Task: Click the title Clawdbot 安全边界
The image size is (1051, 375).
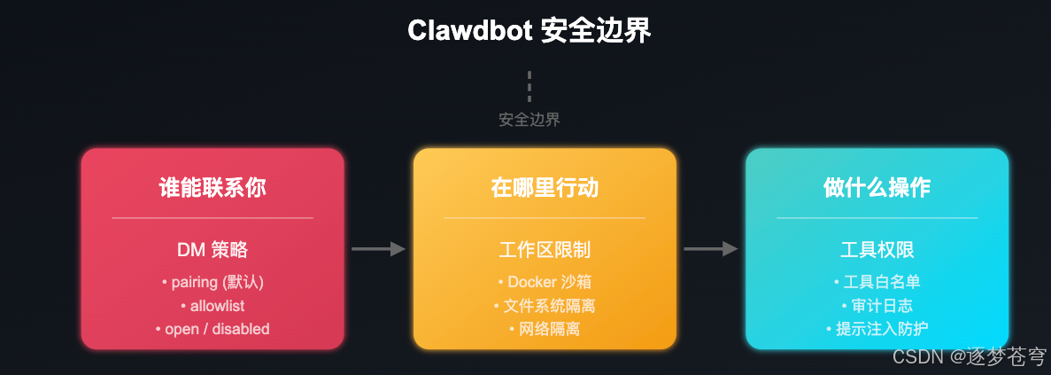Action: [529, 30]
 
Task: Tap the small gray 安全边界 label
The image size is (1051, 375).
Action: [529, 120]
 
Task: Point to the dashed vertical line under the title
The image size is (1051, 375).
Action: [529, 87]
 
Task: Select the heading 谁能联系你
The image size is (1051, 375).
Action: [213, 188]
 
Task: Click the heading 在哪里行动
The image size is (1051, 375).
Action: [545, 188]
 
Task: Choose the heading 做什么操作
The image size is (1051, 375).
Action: [877, 188]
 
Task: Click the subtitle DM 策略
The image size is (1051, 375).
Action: [213, 250]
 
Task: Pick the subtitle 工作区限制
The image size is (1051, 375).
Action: [545, 250]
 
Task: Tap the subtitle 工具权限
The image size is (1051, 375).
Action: [877, 250]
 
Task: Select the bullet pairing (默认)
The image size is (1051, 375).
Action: [213, 282]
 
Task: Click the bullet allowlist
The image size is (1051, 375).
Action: [213, 306]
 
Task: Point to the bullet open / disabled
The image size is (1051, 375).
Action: [213, 329]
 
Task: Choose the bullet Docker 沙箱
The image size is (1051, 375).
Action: [545, 282]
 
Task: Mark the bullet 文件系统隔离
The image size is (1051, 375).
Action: [545, 306]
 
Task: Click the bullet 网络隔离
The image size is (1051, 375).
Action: [545, 329]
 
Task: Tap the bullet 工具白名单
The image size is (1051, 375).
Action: [877, 282]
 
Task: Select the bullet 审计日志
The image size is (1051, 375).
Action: [877, 306]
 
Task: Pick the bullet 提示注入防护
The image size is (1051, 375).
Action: [877, 329]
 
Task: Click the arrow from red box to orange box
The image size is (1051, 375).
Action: [378, 249]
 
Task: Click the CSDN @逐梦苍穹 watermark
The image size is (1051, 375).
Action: [968, 357]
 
